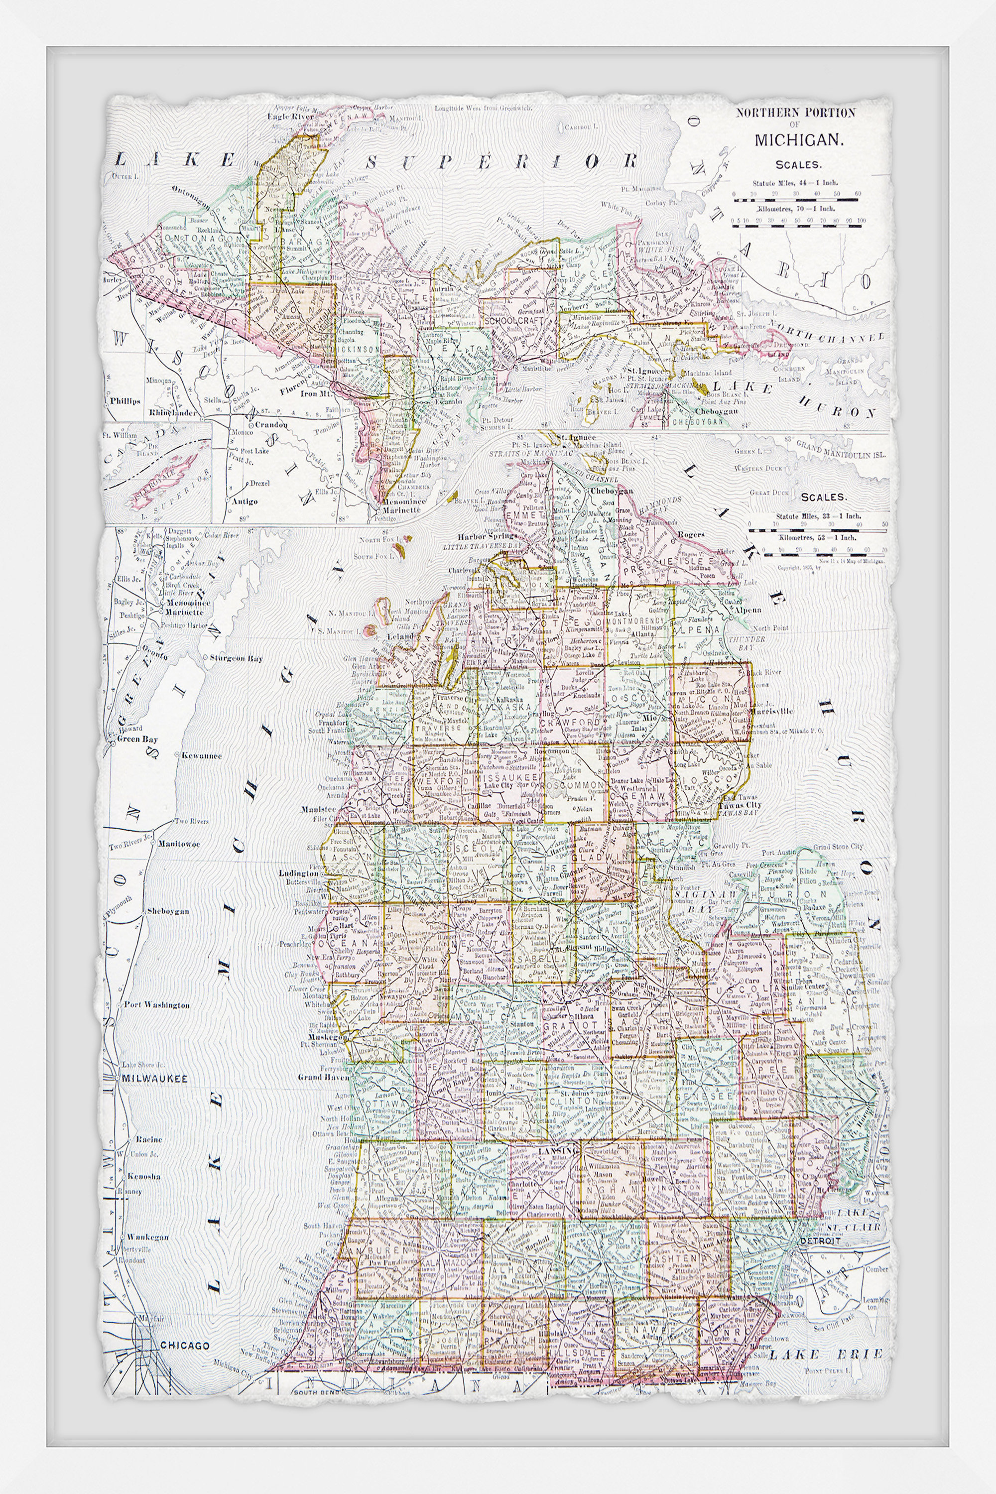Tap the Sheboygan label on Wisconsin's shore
coord(168,911)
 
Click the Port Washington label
coord(156,1005)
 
